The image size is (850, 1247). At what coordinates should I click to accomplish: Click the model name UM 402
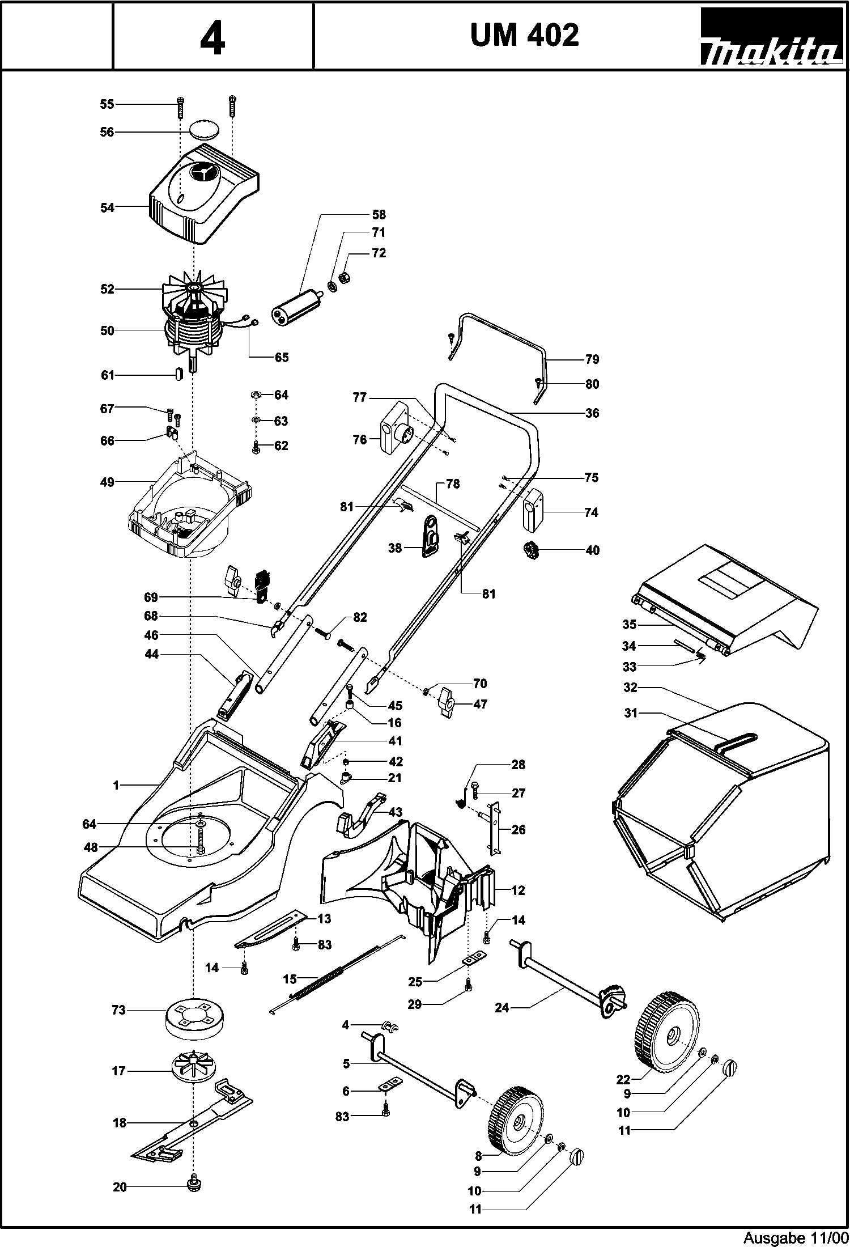(x=524, y=36)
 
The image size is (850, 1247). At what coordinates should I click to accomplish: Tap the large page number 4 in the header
(x=212, y=39)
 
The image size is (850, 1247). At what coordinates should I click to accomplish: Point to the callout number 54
(x=107, y=208)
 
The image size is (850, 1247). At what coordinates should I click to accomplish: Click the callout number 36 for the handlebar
(x=592, y=413)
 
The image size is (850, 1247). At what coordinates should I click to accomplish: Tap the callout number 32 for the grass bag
(x=630, y=688)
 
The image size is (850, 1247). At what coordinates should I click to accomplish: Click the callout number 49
(x=107, y=482)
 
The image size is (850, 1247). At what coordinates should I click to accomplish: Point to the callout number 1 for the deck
(x=116, y=785)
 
